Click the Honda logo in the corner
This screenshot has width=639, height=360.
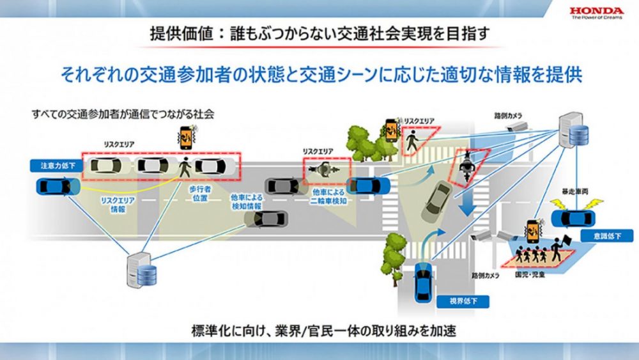coord(596,13)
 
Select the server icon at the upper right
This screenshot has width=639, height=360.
coord(571,129)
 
